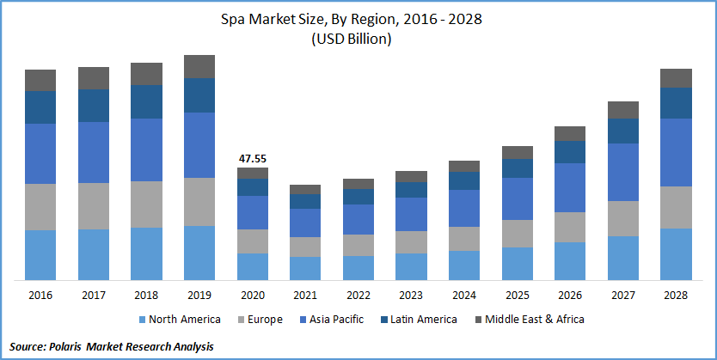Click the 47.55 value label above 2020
point(253,158)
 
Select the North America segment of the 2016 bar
point(40,254)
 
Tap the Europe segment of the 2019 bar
point(199,202)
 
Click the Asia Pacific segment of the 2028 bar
point(677,152)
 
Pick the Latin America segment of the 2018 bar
point(146,101)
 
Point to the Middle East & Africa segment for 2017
point(94,77)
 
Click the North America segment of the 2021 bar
point(305,268)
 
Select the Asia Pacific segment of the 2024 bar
point(464,208)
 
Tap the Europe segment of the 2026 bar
point(570,227)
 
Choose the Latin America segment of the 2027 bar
point(623,131)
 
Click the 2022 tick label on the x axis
point(358,296)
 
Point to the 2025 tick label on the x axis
point(518,296)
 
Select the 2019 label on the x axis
point(199,296)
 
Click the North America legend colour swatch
point(142,320)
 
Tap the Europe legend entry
point(259,320)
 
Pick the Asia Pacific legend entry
point(333,320)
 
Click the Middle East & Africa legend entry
point(533,320)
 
